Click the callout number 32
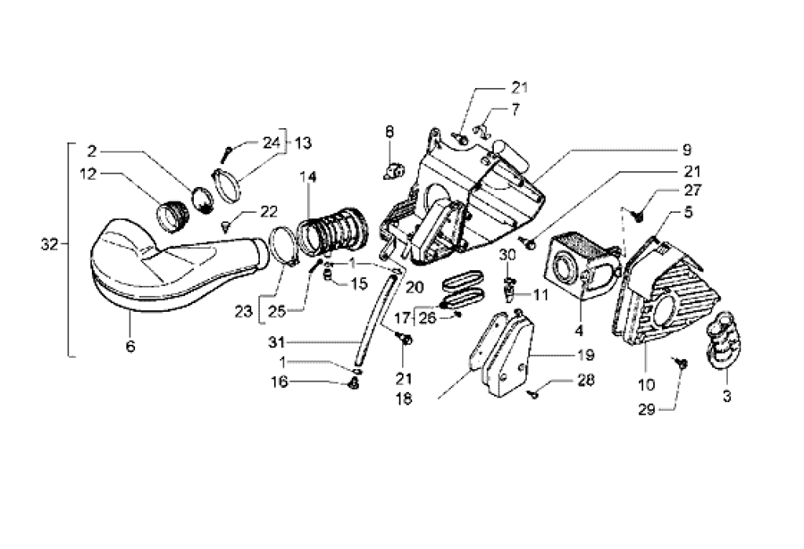click(49, 245)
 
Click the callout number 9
click(685, 148)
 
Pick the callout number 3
click(726, 398)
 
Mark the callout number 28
click(585, 381)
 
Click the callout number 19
click(584, 354)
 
